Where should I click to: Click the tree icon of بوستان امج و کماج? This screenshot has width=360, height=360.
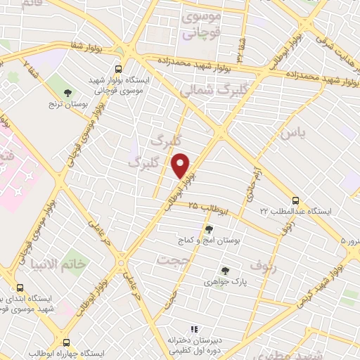[x=208, y=229]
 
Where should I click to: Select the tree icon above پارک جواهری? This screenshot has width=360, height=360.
[x=225, y=270]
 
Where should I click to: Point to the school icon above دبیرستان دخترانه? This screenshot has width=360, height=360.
[x=194, y=329]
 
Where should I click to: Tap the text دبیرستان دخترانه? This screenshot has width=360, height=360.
[x=195, y=340]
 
